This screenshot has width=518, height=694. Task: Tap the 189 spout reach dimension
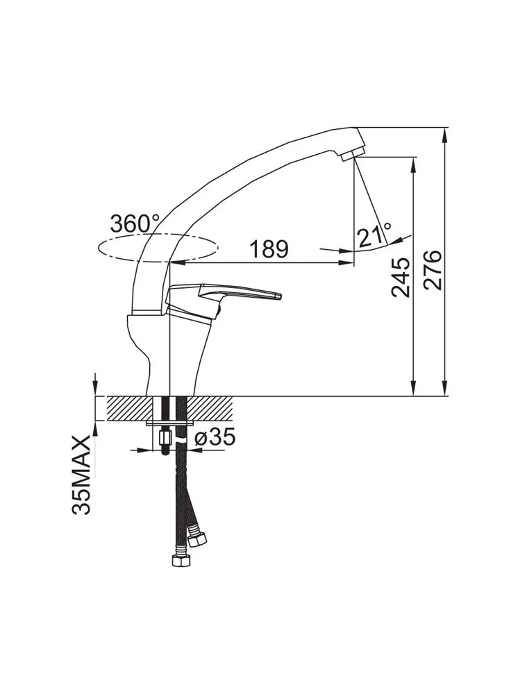point(269,249)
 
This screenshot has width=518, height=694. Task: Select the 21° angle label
point(374,235)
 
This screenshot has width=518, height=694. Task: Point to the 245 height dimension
point(401,277)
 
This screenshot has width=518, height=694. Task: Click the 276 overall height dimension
point(433,270)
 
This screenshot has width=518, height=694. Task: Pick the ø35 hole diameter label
point(215,438)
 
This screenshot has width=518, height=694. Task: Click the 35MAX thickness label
point(81,475)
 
